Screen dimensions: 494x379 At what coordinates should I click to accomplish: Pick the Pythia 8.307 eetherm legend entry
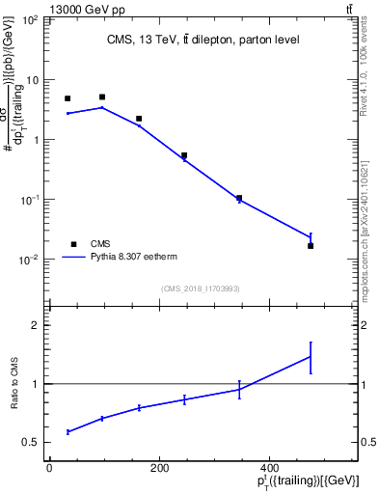pos(115,258)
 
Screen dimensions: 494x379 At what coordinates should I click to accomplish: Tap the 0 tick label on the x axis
pos(49,468)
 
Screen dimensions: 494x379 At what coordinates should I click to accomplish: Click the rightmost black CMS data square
pos(311,246)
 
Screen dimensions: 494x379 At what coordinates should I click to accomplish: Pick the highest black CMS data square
pos(102,97)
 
